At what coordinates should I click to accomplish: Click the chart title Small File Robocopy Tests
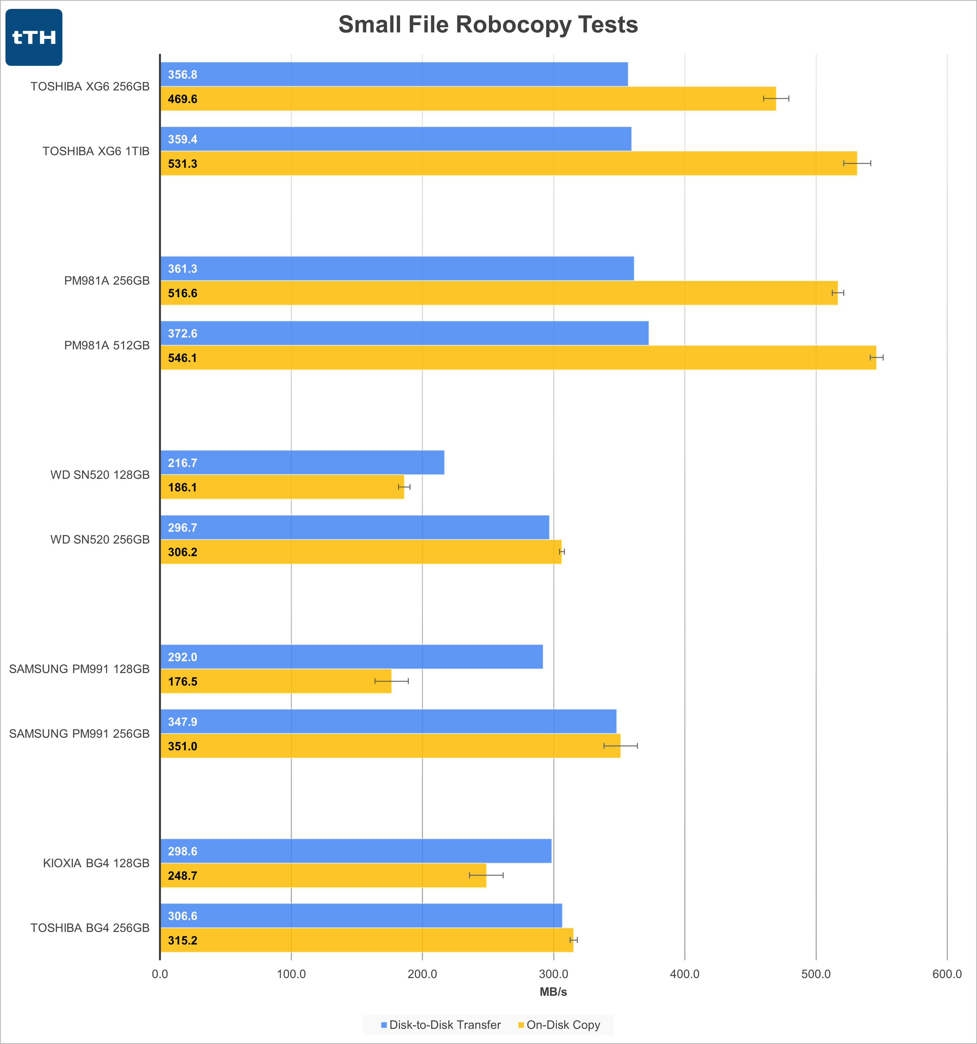coord(488,25)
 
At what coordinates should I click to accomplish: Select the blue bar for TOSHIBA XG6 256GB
coord(394,74)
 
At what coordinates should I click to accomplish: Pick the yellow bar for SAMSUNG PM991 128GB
coord(276,681)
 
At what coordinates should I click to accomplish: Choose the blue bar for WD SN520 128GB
coord(302,463)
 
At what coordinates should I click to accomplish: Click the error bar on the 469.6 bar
coord(776,99)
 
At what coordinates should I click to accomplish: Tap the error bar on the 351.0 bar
coord(620,746)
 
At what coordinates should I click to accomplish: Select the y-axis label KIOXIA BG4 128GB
coord(96,863)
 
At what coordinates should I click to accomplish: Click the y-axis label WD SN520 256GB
coord(100,540)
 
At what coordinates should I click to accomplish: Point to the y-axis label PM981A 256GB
coord(107,281)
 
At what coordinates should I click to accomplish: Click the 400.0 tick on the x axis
coord(684,974)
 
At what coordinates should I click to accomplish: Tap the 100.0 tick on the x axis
coord(291,974)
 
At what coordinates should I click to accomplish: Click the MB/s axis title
coord(553,992)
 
